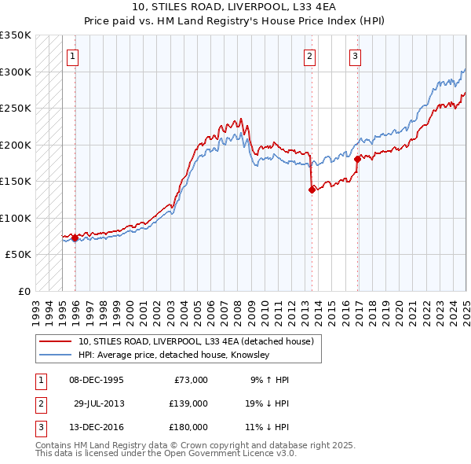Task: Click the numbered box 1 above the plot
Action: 72,56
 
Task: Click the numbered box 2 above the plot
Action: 310,56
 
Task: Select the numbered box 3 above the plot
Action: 356,56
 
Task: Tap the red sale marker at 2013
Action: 312,189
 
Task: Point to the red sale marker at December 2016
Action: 357,159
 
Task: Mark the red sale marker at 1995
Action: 75,238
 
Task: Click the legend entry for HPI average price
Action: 173,355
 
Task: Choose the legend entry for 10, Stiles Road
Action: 195,341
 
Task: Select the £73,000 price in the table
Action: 188,380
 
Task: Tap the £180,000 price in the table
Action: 188,427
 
